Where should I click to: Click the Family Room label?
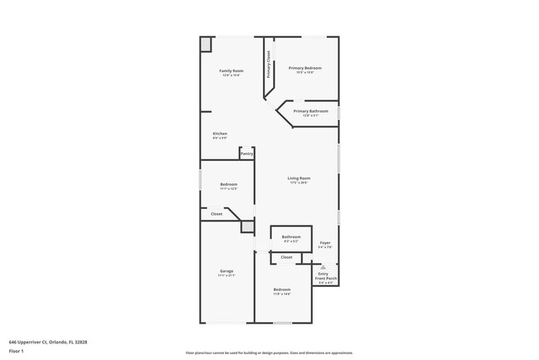pos(231,71)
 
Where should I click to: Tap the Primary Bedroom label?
pos(304,68)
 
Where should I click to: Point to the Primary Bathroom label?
pos(311,111)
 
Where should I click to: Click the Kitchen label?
pos(220,134)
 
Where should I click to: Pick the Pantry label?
pos(246,153)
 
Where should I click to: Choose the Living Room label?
pos(299,178)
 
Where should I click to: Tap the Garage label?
pos(226,271)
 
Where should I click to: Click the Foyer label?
pos(325,243)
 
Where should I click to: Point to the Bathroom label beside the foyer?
pos(290,237)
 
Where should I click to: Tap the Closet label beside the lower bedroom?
pos(286,257)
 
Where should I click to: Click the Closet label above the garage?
pos(216,214)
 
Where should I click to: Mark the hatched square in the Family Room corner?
pos(206,44)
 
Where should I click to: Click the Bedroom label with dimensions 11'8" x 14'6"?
pos(282,289)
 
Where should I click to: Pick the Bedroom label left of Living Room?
pos(229,184)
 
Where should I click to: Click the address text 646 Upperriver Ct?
pos(48,341)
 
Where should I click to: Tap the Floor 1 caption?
pos(17,351)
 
